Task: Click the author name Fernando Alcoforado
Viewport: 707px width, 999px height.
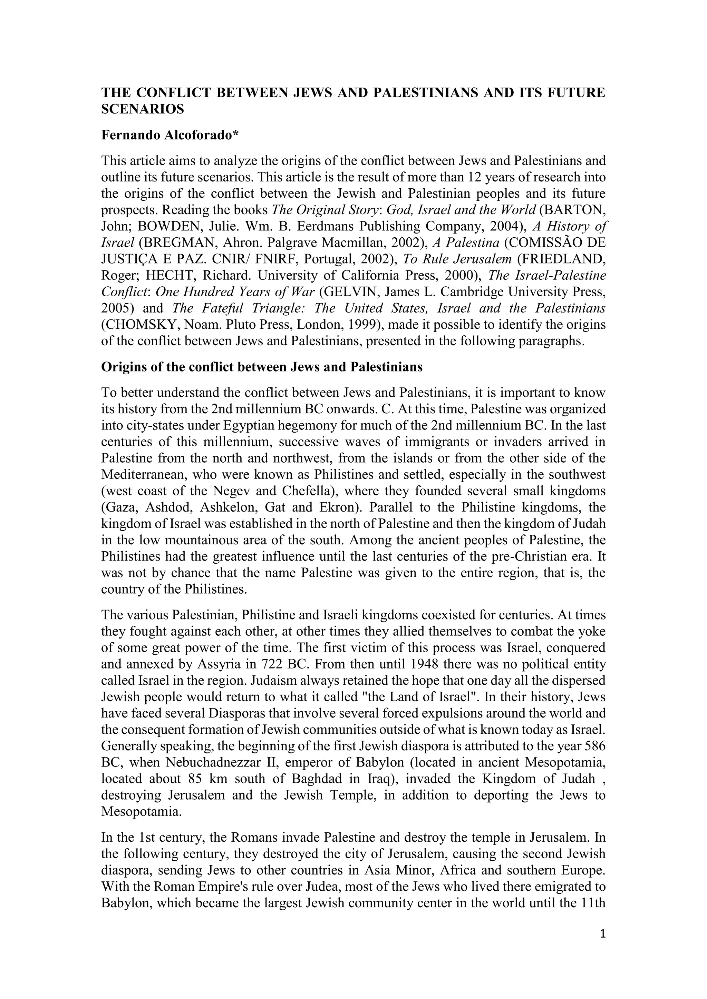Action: pos(170,135)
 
